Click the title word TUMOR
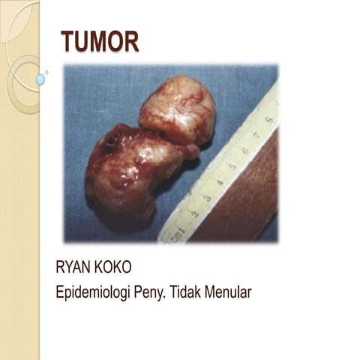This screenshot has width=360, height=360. coord(100,42)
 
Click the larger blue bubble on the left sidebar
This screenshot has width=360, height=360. coord(40,79)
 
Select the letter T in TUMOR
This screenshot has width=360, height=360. coord(67,42)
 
